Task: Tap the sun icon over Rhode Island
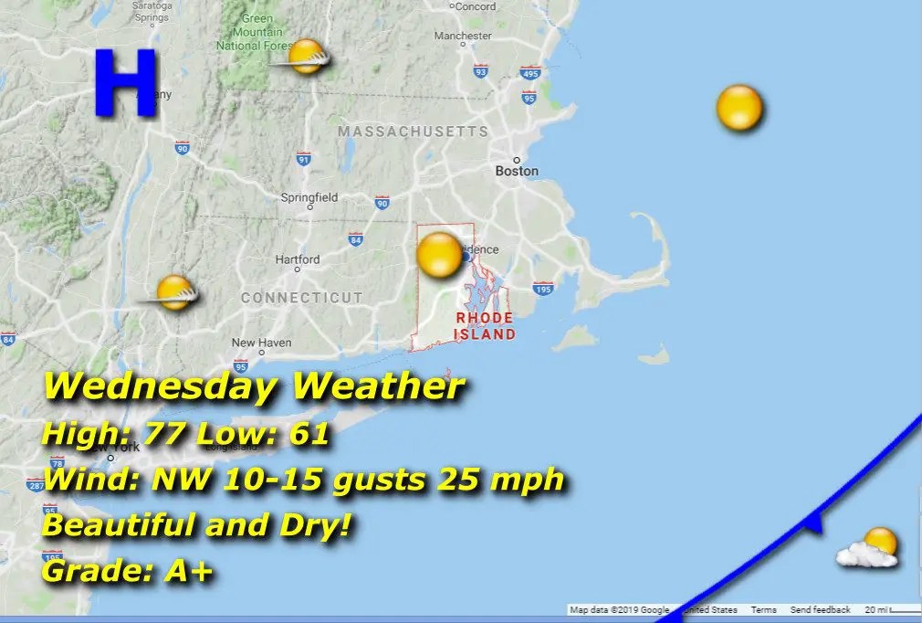click(440, 255)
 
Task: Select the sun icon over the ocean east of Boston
click(739, 109)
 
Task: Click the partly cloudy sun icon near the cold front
click(870, 548)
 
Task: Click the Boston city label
click(517, 171)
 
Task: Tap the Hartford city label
click(298, 259)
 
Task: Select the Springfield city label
click(309, 197)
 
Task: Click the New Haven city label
click(261, 343)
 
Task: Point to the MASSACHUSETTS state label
click(413, 132)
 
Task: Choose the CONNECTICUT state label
click(301, 298)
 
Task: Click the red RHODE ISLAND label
click(485, 326)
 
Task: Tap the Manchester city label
click(463, 36)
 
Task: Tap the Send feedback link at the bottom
click(820, 609)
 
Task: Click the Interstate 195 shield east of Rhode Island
click(543, 289)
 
